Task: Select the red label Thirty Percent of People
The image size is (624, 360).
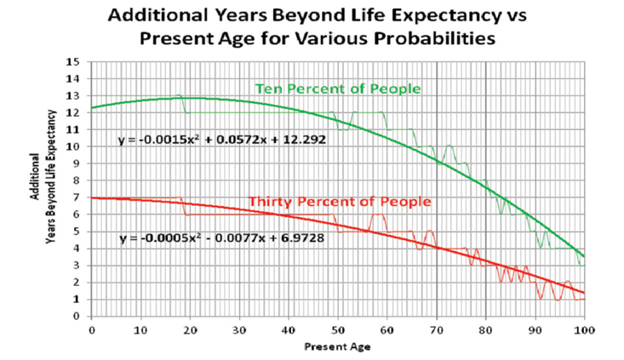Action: click(340, 202)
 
